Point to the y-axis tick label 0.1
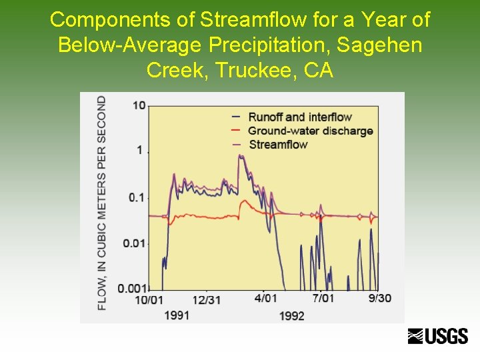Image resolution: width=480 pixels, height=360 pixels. click(x=137, y=197)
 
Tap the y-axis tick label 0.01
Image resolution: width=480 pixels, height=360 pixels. click(x=134, y=243)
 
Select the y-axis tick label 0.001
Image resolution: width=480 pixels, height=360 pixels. click(x=131, y=288)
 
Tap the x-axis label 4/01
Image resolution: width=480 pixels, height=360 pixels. click(x=266, y=299)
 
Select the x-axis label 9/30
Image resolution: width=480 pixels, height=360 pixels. click(x=380, y=299)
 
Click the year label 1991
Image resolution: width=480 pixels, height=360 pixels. click(x=177, y=314)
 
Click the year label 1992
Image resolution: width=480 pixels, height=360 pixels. click(x=291, y=315)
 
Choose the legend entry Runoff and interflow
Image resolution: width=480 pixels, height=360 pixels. click(x=299, y=118)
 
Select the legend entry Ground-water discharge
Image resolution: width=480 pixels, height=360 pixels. click(x=310, y=131)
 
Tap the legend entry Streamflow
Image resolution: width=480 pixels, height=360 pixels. click(x=278, y=145)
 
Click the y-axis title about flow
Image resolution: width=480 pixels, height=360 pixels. click(x=102, y=203)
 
